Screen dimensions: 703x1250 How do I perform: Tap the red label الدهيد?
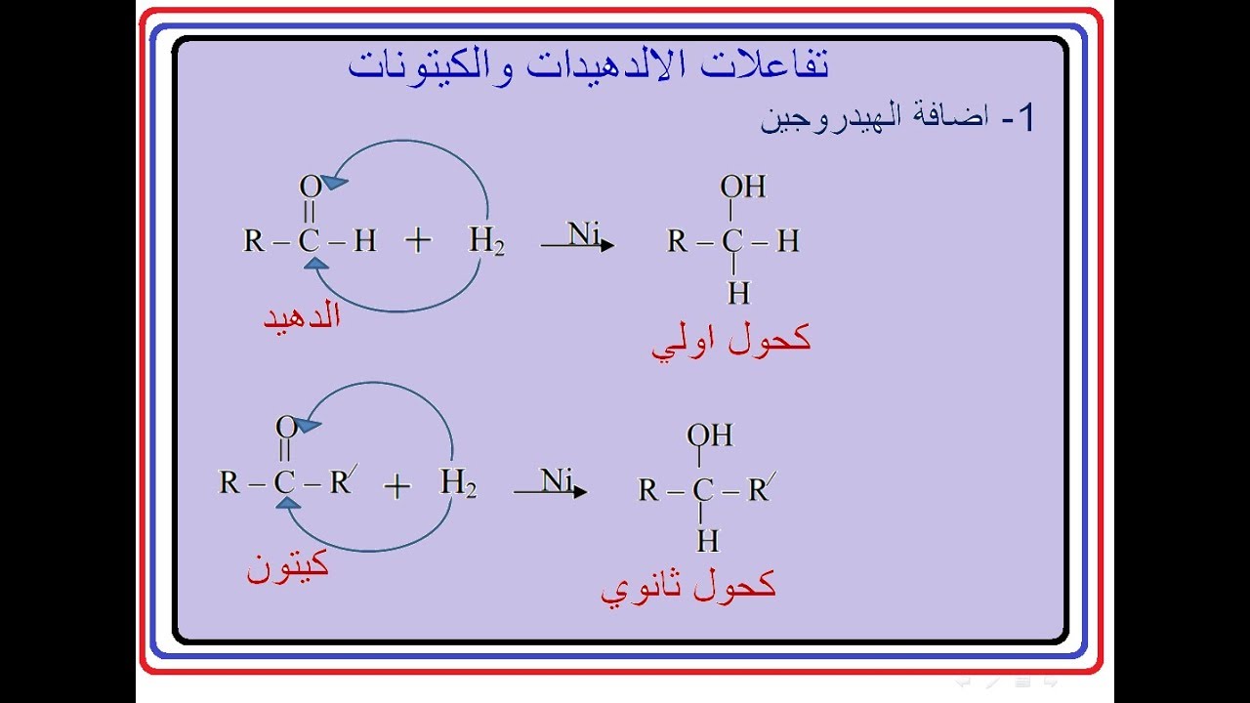tap(302, 316)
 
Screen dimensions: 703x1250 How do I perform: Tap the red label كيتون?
tap(287, 566)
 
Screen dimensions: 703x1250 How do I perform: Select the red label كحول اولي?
tap(731, 340)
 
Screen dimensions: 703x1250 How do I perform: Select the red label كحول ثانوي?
tap(688, 586)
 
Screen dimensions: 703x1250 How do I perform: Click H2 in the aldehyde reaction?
tap(486, 241)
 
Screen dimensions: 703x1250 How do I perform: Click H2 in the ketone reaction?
tap(458, 482)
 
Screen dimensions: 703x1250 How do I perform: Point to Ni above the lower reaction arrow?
tap(557, 480)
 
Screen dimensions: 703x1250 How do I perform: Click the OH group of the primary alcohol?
tap(743, 186)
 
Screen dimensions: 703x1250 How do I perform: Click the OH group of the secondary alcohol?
tap(711, 435)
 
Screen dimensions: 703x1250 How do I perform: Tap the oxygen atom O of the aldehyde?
tap(310, 186)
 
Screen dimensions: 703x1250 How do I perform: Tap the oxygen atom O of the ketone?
tap(285, 427)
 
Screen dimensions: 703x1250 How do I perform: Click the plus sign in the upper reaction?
tap(418, 241)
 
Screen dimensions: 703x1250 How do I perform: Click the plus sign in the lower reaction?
tap(396, 486)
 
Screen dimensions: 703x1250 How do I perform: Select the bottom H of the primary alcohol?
tap(737, 292)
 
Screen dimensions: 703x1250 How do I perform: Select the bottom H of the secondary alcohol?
tap(707, 540)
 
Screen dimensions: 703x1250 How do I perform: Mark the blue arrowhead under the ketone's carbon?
tap(288, 502)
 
